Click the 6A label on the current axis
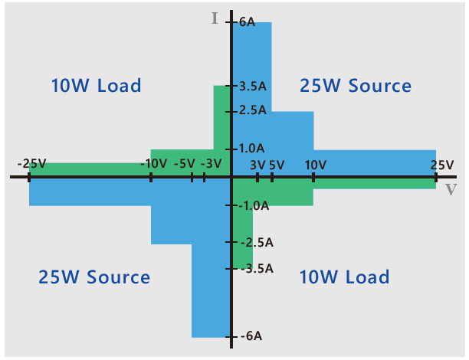click(247, 22)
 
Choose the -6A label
click(250, 336)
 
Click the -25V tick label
click(32, 164)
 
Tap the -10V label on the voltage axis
click(154, 164)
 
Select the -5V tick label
click(185, 164)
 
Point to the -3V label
click(211, 164)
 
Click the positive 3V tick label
click(257, 165)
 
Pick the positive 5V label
click(277, 165)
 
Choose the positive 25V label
click(441, 165)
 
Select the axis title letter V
click(451, 189)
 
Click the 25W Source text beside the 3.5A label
click(356, 86)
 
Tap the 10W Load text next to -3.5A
click(344, 277)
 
